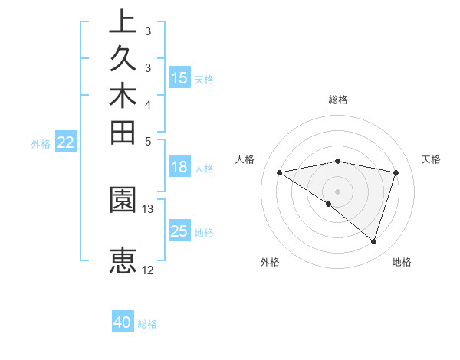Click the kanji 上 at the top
[122, 22]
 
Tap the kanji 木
[122, 96]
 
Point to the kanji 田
[122, 133]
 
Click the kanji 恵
[122, 260]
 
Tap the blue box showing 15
[179, 77]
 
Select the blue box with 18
[179, 168]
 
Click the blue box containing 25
[179, 231]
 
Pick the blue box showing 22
[66, 142]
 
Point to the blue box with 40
[123, 322]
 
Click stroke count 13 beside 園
[148, 208]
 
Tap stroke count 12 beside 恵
[148, 270]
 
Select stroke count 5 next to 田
[148, 141]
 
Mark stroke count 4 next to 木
[148, 104]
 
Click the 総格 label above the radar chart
[338, 100]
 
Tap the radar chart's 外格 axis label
[270, 262]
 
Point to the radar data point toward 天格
[396, 172]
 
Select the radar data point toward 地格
[374, 241]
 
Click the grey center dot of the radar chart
[338, 191]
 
